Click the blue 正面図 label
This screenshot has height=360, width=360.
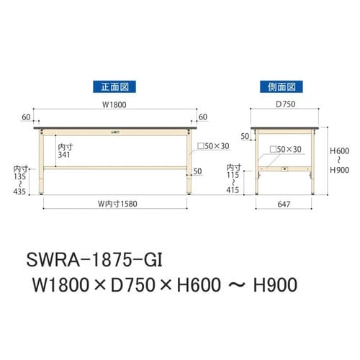[114, 86]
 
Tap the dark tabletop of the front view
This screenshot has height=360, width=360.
[115, 127]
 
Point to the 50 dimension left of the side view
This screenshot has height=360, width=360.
[245, 135]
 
